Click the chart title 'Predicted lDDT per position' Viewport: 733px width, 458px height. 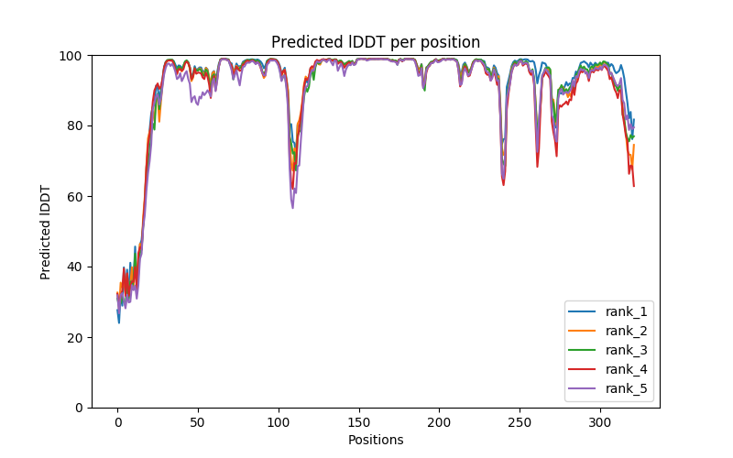tap(376, 42)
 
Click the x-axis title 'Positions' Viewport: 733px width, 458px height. tap(376, 440)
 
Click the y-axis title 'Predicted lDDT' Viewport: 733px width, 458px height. tap(46, 232)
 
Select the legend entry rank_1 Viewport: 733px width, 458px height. tap(625, 312)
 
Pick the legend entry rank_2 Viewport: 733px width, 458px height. tap(625, 332)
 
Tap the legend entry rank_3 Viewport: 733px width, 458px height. tap(625, 351)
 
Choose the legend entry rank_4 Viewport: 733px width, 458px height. tap(625, 370)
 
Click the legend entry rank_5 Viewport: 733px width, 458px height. tap(625, 389)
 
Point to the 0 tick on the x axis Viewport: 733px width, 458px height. tap(117, 421)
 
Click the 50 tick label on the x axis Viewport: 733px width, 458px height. tap(198, 421)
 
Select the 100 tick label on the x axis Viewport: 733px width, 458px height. tap(279, 421)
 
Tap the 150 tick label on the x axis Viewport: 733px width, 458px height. tap(359, 421)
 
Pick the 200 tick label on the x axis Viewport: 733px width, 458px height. tap(439, 421)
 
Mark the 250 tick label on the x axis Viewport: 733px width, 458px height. tap(520, 421)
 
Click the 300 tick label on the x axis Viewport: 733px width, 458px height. tap(600, 421)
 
